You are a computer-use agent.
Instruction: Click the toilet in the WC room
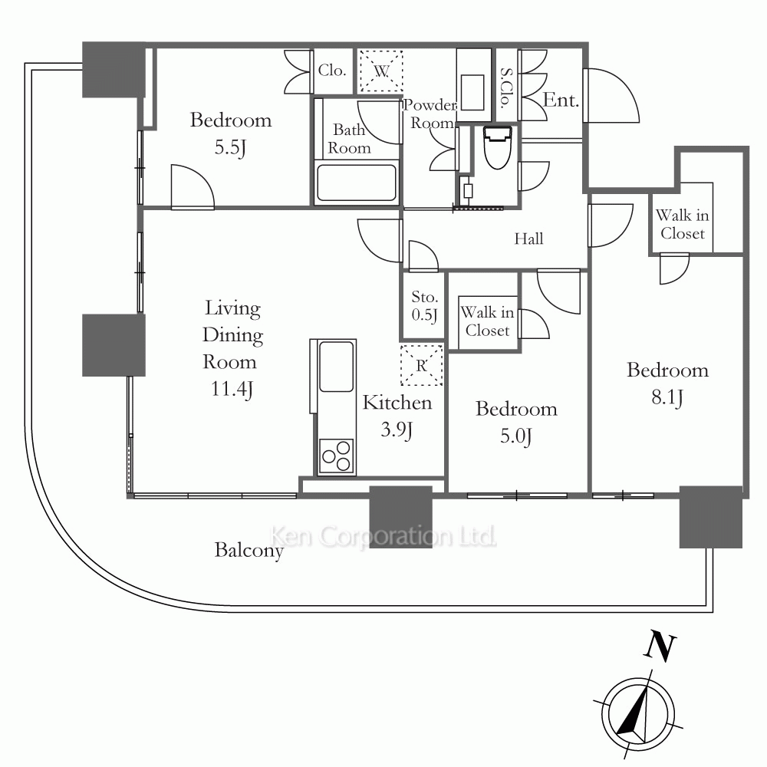point(498,146)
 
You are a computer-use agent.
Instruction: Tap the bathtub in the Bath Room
point(356,183)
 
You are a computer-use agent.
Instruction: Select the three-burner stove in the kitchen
point(336,456)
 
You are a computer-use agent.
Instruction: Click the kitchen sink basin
point(336,367)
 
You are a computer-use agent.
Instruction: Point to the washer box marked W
point(381,71)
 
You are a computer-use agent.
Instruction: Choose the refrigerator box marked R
point(421,365)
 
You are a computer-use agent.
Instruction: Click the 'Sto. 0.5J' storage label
point(424,306)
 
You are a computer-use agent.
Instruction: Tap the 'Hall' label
point(528,239)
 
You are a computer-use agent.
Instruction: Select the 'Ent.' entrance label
point(561,100)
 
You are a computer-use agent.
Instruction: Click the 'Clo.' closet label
point(332,71)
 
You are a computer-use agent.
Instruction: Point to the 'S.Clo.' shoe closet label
point(506,88)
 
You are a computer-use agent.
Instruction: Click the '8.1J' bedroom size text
point(667,397)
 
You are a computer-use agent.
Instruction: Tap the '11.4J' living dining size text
point(232,390)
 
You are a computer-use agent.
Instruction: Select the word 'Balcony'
point(249,551)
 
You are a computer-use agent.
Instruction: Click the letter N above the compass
point(660,647)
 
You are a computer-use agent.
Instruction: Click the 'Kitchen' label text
point(397,403)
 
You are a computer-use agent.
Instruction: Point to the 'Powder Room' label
point(430,114)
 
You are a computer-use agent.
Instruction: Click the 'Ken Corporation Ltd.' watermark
point(383,536)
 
